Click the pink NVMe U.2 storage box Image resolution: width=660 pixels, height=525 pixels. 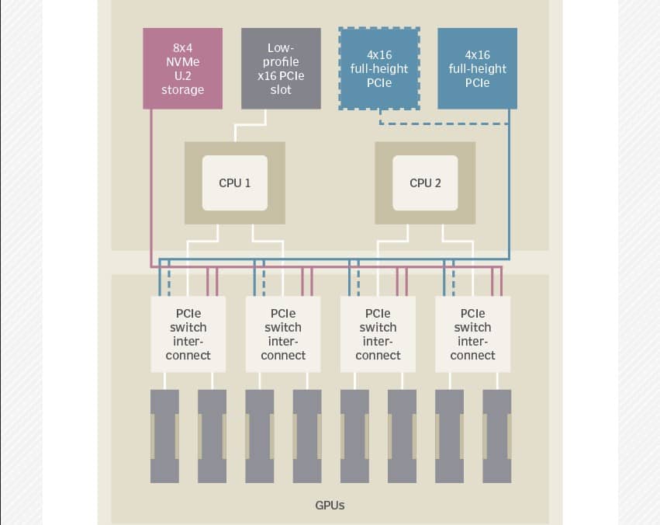coord(183,68)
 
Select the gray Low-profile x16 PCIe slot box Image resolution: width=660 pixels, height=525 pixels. coord(281,68)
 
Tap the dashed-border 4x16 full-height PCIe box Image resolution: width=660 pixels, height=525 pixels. coord(379,68)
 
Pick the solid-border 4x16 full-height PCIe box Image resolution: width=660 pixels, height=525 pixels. coord(477,68)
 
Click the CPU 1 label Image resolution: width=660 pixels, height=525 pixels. coord(235,183)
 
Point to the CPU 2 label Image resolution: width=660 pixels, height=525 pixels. coord(425,183)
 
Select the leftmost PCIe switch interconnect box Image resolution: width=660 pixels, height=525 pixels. coord(188,334)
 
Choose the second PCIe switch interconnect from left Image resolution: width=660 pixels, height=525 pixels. coord(283,334)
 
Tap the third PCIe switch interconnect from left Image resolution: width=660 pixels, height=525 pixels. coord(378,334)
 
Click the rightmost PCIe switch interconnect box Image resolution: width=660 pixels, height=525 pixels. coord(472,334)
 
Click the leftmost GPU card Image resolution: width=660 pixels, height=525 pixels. coord(164,436)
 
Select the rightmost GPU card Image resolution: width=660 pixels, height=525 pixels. coord(497,436)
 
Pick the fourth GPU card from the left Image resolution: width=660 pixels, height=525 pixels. coord(307,436)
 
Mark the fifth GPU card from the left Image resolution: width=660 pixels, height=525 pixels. coord(355,436)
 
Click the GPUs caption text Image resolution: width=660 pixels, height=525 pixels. coord(330,506)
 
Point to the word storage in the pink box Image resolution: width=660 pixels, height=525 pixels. coord(183,90)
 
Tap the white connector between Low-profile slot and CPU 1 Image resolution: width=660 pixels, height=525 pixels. coord(251,125)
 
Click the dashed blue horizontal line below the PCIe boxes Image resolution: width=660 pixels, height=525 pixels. coord(444,124)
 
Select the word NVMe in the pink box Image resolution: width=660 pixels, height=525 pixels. coord(183,62)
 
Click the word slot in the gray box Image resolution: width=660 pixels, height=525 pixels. coord(281,90)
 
